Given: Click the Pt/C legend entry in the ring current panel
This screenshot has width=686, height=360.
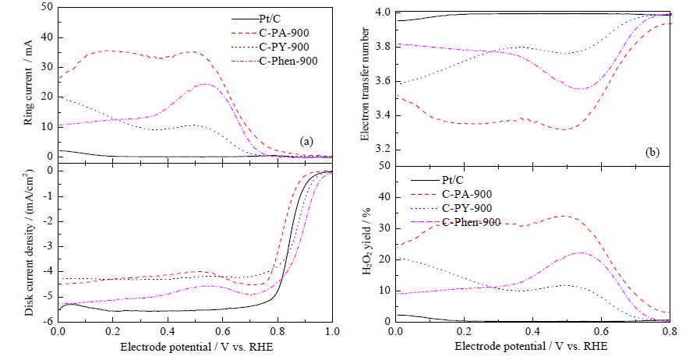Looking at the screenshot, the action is (x=270, y=19).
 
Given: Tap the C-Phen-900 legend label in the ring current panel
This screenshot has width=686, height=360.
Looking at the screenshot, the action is (x=288, y=61).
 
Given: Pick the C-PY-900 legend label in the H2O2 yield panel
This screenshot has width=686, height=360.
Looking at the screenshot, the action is (x=467, y=208).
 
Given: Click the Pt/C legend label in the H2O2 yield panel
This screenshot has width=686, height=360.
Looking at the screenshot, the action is (x=452, y=180).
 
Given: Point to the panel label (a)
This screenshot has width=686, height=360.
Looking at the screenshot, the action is (x=306, y=141).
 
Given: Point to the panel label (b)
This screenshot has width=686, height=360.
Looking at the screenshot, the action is (x=652, y=152).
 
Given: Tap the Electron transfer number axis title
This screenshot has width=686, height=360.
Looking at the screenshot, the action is (x=365, y=84).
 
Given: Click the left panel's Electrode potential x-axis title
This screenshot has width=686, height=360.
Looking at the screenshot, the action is (x=197, y=347).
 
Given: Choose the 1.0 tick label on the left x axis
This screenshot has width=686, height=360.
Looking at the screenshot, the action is (x=333, y=332).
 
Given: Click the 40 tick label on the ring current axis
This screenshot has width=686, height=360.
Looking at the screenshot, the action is (x=47, y=37).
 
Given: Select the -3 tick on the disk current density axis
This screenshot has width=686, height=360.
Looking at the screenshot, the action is (x=49, y=246).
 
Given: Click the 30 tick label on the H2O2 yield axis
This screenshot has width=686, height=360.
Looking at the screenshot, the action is (x=385, y=228).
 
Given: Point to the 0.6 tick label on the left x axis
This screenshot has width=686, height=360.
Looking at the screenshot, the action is (x=223, y=332).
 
